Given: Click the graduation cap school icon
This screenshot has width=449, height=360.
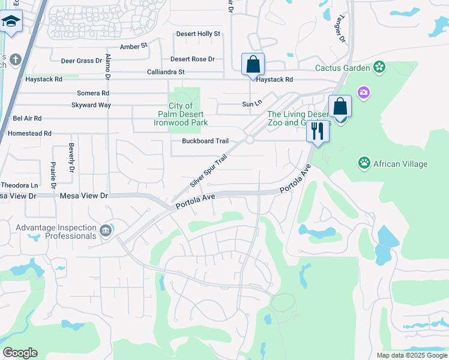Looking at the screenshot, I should [x=11, y=22].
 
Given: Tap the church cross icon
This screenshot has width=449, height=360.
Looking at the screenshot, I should [x=15, y=60].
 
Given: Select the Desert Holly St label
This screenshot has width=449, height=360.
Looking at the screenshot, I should [x=198, y=34].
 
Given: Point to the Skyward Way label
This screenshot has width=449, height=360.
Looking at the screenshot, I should [x=91, y=105].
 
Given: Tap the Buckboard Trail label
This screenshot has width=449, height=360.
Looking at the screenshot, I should [x=205, y=141].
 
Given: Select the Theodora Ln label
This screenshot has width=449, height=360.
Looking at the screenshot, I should [x=19, y=185].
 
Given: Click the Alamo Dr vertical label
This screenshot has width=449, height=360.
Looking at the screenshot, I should [x=108, y=67].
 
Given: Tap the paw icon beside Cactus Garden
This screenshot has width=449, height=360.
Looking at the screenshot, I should [x=379, y=67].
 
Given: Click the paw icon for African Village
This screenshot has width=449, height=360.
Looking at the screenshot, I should [x=364, y=163].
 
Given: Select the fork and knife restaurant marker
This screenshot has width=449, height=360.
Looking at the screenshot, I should [x=317, y=131].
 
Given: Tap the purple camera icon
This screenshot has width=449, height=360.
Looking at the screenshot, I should [x=363, y=92].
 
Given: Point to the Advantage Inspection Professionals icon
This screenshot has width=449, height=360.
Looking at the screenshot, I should [x=106, y=231].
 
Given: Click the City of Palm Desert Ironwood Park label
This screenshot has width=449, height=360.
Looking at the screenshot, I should [x=181, y=114].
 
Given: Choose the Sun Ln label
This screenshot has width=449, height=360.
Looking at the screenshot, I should [x=252, y=104].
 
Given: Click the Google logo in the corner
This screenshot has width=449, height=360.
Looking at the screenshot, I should [x=20, y=353].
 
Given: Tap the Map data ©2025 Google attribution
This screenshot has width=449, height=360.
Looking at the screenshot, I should [x=411, y=355].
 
